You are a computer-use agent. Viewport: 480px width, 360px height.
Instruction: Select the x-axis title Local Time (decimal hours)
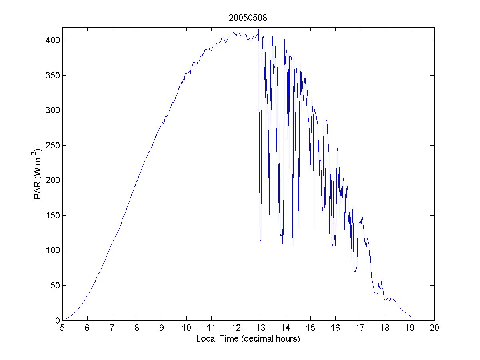[x=248, y=339]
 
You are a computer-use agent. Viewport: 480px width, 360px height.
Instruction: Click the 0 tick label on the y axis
[x=57, y=320]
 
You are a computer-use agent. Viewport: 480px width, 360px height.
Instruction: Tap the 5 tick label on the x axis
[x=62, y=328]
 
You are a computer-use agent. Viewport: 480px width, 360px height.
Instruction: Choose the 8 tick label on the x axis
[x=137, y=328]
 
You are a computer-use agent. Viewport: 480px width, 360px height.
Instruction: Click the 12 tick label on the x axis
[x=236, y=328]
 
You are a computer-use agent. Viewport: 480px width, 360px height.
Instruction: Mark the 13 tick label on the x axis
[x=261, y=328]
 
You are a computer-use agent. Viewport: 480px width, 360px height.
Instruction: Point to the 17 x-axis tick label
[x=360, y=328]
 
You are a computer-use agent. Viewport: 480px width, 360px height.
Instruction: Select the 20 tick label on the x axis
[x=434, y=328]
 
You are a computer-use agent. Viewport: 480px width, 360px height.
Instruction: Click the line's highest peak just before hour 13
[x=258, y=28]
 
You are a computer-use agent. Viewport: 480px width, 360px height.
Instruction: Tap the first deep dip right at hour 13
[x=260, y=241]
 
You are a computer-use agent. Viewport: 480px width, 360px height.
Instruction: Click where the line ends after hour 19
[x=413, y=318]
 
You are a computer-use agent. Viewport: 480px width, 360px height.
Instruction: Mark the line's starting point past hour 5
[x=66, y=319]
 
